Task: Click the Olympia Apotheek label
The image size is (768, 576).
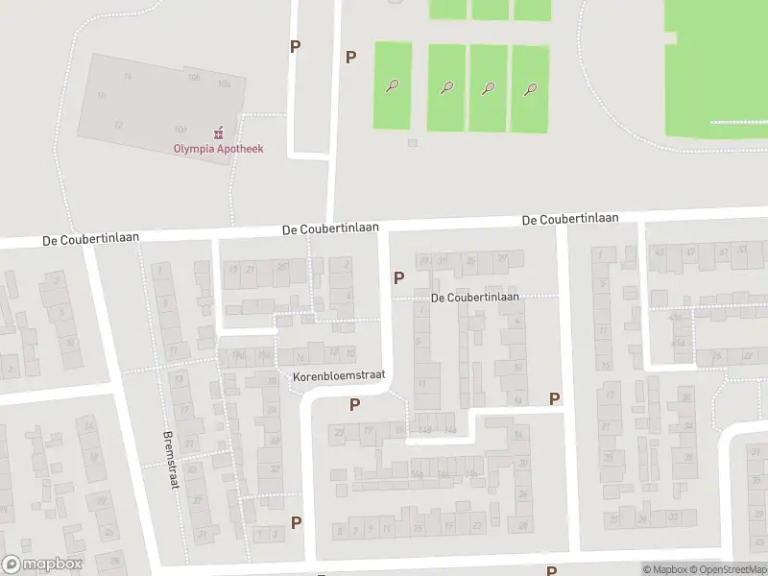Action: click(x=218, y=149)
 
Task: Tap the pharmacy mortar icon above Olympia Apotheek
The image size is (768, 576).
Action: click(x=219, y=132)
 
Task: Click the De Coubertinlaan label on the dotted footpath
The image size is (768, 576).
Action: click(x=475, y=298)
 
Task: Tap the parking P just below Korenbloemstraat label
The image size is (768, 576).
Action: click(x=354, y=404)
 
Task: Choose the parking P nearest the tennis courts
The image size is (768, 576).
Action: click(x=350, y=57)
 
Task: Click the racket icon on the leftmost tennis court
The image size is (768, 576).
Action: click(x=393, y=86)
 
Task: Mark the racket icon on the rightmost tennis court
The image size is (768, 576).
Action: click(x=530, y=90)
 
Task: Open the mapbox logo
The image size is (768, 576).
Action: click(x=42, y=564)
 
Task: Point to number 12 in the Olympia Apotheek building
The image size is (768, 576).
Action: click(x=119, y=125)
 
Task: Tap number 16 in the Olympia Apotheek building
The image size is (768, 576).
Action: click(x=101, y=95)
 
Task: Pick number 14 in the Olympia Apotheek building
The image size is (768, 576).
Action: click(x=128, y=76)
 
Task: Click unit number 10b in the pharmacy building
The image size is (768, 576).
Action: click(x=194, y=77)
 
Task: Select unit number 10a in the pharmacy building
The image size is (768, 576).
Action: click(x=225, y=84)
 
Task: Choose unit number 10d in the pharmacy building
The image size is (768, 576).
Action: click(x=180, y=129)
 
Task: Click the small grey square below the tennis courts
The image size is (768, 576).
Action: click(x=412, y=143)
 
